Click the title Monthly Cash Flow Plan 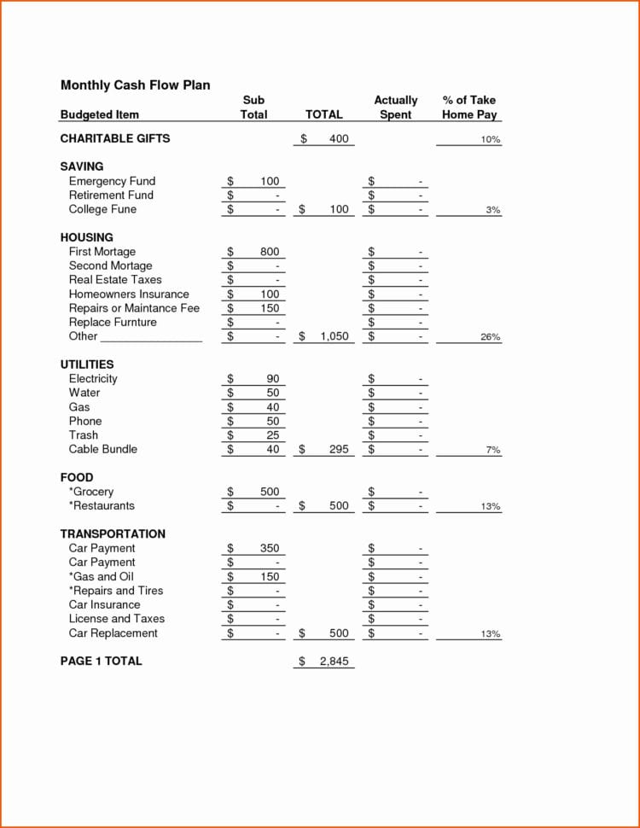[135, 85]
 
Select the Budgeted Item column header [99, 114]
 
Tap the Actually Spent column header [396, 108]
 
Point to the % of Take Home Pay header [469, 108]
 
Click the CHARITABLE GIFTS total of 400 [339, 138]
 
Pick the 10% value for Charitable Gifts [491, 139]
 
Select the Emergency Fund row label [112, 181]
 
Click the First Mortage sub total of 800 [270, 252]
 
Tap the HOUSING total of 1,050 [335, 336]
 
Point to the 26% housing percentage [491, 337]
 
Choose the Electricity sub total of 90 [272, 379]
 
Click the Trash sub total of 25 [272, 435]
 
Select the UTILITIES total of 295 [339, 449]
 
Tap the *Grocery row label [90, 492]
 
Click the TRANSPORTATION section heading [113, 534]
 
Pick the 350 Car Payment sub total [270, 548]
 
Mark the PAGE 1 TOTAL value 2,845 [335, 662]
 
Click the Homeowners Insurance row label [129, 294]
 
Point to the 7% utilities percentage [493, 450]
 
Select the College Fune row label [102, 209]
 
